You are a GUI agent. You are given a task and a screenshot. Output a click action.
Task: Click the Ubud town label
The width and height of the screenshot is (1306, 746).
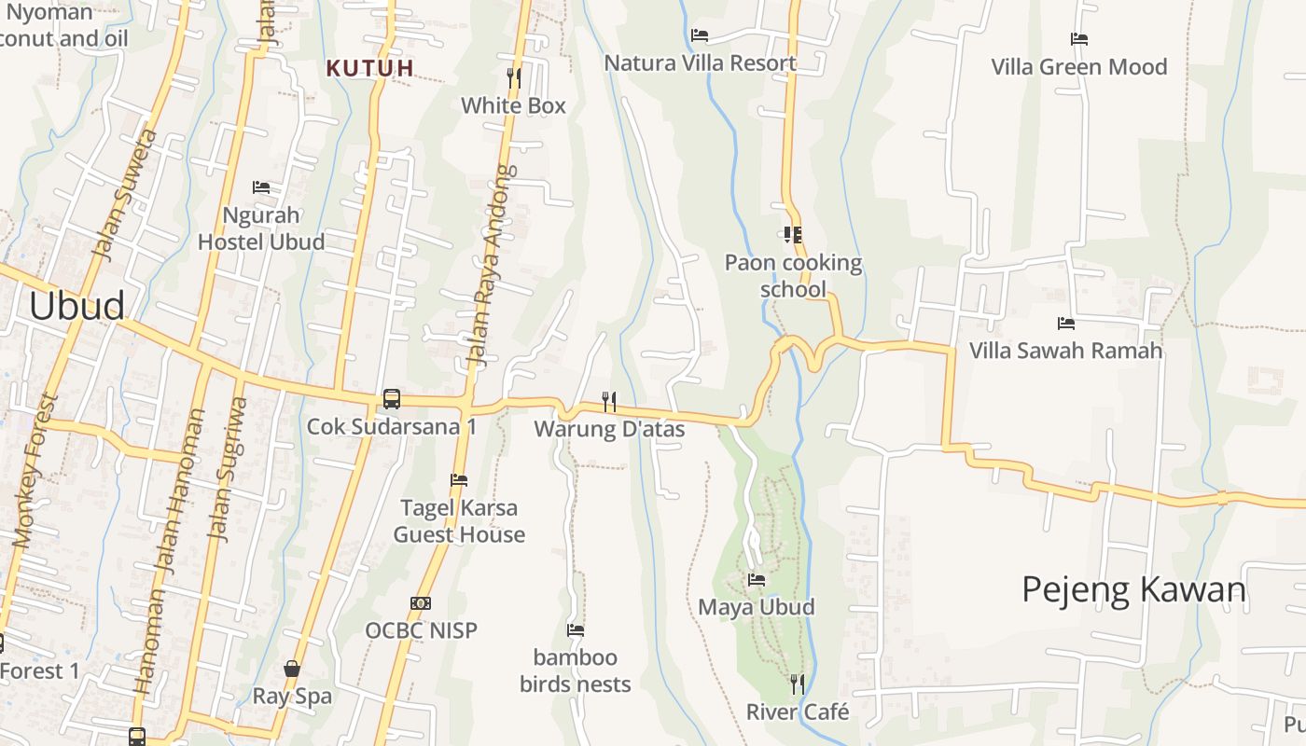77,306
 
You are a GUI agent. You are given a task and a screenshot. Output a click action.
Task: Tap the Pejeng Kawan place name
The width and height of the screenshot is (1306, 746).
1133,589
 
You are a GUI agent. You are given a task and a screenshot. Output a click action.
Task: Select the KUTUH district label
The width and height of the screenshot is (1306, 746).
370,67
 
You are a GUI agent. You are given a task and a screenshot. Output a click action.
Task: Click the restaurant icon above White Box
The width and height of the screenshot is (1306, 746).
513,76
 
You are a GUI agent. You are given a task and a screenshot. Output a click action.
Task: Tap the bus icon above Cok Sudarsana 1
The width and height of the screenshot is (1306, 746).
392,399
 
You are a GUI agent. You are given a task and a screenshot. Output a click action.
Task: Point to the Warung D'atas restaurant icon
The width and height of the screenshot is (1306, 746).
609,401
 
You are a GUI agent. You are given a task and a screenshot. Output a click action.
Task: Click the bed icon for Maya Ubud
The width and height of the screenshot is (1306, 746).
757,580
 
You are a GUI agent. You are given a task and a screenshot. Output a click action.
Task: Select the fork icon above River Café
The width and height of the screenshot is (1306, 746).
798,684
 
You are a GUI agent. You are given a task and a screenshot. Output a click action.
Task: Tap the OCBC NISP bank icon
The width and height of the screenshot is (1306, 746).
421,603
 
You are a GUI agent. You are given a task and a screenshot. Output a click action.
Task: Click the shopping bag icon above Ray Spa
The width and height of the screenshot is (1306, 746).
292,669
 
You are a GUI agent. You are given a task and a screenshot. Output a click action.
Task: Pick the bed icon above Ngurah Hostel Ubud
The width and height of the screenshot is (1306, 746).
261,187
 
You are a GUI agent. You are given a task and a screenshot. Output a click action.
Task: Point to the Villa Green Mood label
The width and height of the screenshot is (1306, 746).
1079,67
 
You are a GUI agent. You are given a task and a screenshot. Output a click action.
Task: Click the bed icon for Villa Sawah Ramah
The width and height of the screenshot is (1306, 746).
1066,324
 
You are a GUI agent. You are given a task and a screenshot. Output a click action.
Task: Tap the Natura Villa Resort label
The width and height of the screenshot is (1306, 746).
701,62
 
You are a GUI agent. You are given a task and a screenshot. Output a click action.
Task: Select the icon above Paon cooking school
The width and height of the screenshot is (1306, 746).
793,235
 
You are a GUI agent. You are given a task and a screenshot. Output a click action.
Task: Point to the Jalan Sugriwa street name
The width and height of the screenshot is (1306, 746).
227,469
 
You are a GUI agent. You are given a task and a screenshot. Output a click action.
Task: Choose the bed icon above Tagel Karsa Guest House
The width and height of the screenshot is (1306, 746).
459,480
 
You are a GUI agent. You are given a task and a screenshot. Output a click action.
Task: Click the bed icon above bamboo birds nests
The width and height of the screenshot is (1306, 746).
576,630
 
